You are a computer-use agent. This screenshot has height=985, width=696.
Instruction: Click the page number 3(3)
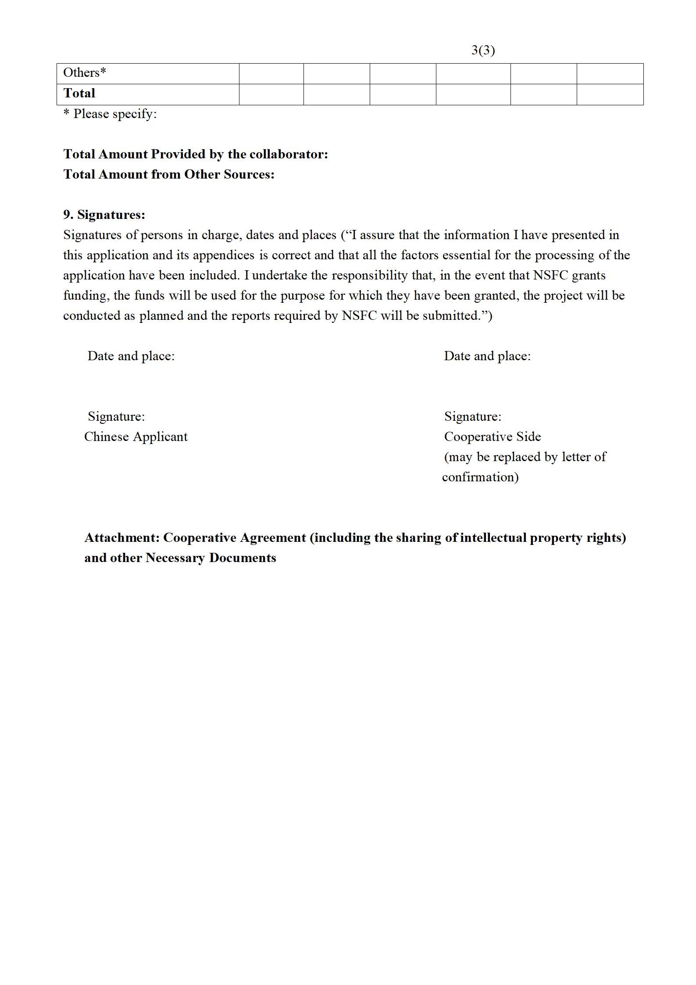pyautogui.click(x=483, y=50)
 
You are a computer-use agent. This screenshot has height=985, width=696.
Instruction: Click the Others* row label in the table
pyautogui.click(x=85, y=73)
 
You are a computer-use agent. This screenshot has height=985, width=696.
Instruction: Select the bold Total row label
pyautogui.click(x=79, y=93)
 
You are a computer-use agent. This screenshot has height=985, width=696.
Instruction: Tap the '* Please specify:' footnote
pyautogui.click(x=110, y=114)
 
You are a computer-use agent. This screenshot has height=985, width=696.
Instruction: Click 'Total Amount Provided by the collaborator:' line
pyautogui.click(x=196, y=154)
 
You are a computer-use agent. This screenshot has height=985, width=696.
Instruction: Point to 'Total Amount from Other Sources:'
pyautogui.click(x=169, y=175)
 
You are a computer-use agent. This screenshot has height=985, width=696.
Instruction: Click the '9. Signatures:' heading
pyautogui.click(x=104, y=215)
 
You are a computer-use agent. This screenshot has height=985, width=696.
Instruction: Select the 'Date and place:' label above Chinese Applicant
pyautogui.click(x=131, y=356)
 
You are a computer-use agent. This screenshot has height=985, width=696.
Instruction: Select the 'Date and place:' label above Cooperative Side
pyautogui.click(x=487, y=356)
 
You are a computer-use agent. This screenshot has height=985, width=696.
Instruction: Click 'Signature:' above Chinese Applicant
pyautogui.click(x=116, y=416)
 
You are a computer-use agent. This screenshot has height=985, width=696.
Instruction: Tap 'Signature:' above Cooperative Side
pyautogui.click(x=473, y=416)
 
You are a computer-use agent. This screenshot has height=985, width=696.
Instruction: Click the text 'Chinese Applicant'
pyautogui.click(x=136, y=437)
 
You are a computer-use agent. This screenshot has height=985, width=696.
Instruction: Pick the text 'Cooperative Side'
pyautogui.click(x=493, y=437)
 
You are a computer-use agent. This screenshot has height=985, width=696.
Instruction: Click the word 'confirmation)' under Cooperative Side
pyautogui.click(x=480, y=477)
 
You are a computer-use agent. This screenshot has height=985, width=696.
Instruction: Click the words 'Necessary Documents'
pyautogui.click(x=211, y=558)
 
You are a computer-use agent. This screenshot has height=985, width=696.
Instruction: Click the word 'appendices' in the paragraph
pyautogui.click(x=224, y=255)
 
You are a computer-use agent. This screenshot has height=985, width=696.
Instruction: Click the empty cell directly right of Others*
pyautogui.click(x=271, y=73)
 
